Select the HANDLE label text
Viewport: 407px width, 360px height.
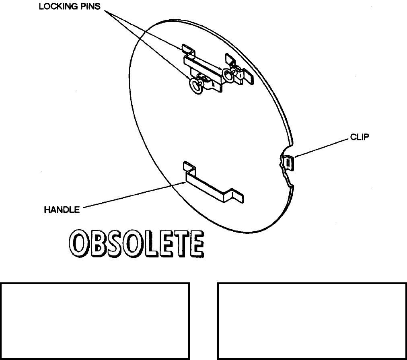[62, 210]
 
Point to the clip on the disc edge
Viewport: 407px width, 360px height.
[288, 163]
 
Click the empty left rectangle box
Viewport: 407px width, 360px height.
[95, 321]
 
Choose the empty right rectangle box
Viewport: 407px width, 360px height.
[311, 321]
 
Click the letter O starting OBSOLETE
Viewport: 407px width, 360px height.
[78, 245]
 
